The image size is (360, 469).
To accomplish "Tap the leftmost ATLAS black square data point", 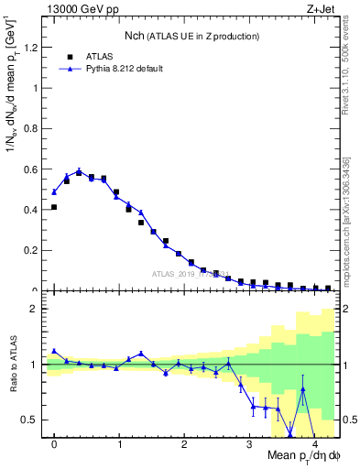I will pos(54,207).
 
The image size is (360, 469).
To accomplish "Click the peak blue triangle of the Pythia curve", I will pos(79,170).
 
